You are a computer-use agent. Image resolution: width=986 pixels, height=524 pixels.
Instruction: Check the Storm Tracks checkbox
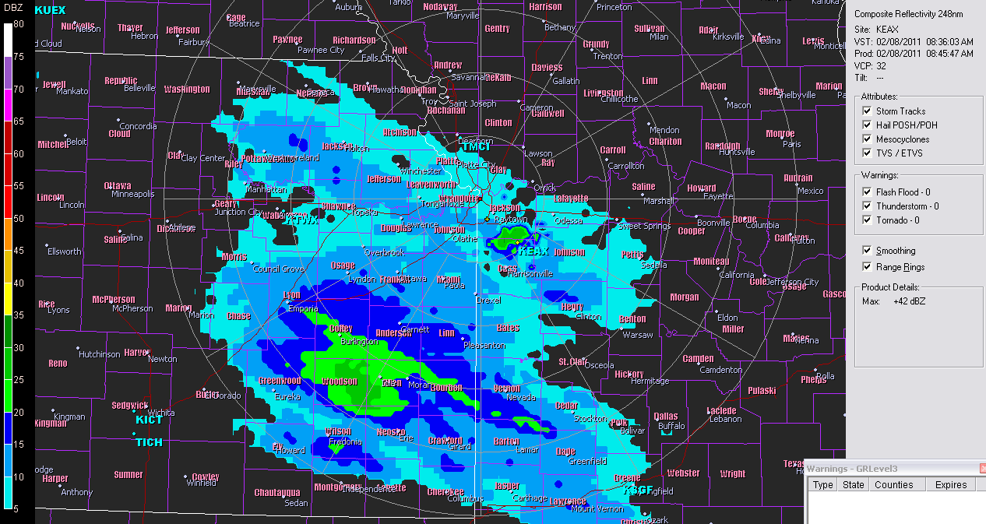(x=867, y=111)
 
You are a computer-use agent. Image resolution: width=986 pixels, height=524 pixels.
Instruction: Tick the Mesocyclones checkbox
(x=867, y=139)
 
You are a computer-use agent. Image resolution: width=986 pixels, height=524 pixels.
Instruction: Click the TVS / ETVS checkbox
(x=867, y=153)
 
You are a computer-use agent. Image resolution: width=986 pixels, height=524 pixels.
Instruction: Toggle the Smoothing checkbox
(x=867, y=251)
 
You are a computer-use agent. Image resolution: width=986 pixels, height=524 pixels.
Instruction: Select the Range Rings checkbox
(x=867, y=267)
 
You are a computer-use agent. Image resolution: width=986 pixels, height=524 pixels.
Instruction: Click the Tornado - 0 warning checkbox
(x=867, y=220)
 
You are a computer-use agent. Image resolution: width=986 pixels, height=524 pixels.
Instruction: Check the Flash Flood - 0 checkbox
(x=867, y=192)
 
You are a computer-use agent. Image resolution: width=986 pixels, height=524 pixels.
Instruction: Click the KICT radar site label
(x=149, y=420)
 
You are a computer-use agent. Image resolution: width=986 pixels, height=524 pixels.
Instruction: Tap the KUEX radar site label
(x=51, y=10)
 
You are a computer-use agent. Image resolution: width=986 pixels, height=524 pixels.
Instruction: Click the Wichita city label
(x=162, y=413)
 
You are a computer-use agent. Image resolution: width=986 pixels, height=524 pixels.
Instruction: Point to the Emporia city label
(x=303, y=309)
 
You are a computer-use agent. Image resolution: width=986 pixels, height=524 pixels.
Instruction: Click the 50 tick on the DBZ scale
(x=19, y=219)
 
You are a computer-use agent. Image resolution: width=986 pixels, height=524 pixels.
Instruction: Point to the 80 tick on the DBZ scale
(x=19, y=24)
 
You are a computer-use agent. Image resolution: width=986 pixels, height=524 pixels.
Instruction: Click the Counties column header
(x=893, y=485)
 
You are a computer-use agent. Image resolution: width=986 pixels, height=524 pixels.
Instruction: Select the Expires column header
(x=951, y=485)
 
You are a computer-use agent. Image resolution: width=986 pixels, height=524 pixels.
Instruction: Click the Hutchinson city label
(x=100, y=354)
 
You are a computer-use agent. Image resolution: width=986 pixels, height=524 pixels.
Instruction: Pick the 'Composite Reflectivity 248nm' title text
(x=908, y=14)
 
